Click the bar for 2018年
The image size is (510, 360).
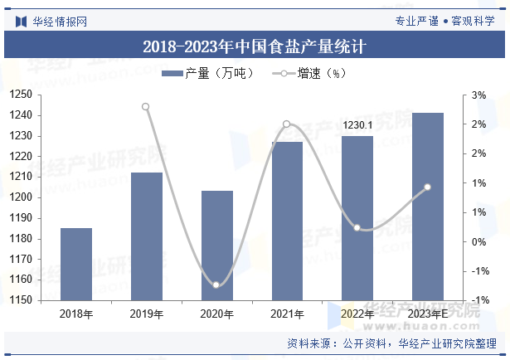coord(76,265)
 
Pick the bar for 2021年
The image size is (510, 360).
coord(287,221)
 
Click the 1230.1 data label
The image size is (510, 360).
coord(357,125)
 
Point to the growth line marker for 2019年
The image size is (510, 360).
coord(146,106)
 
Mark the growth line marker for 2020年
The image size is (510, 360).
coord(216,285)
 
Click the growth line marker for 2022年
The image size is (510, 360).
coord(357,227)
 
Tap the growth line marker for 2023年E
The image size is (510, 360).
coord(428,187)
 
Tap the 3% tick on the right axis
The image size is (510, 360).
coord(479,95)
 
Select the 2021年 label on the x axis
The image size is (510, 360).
coord(287,314)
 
